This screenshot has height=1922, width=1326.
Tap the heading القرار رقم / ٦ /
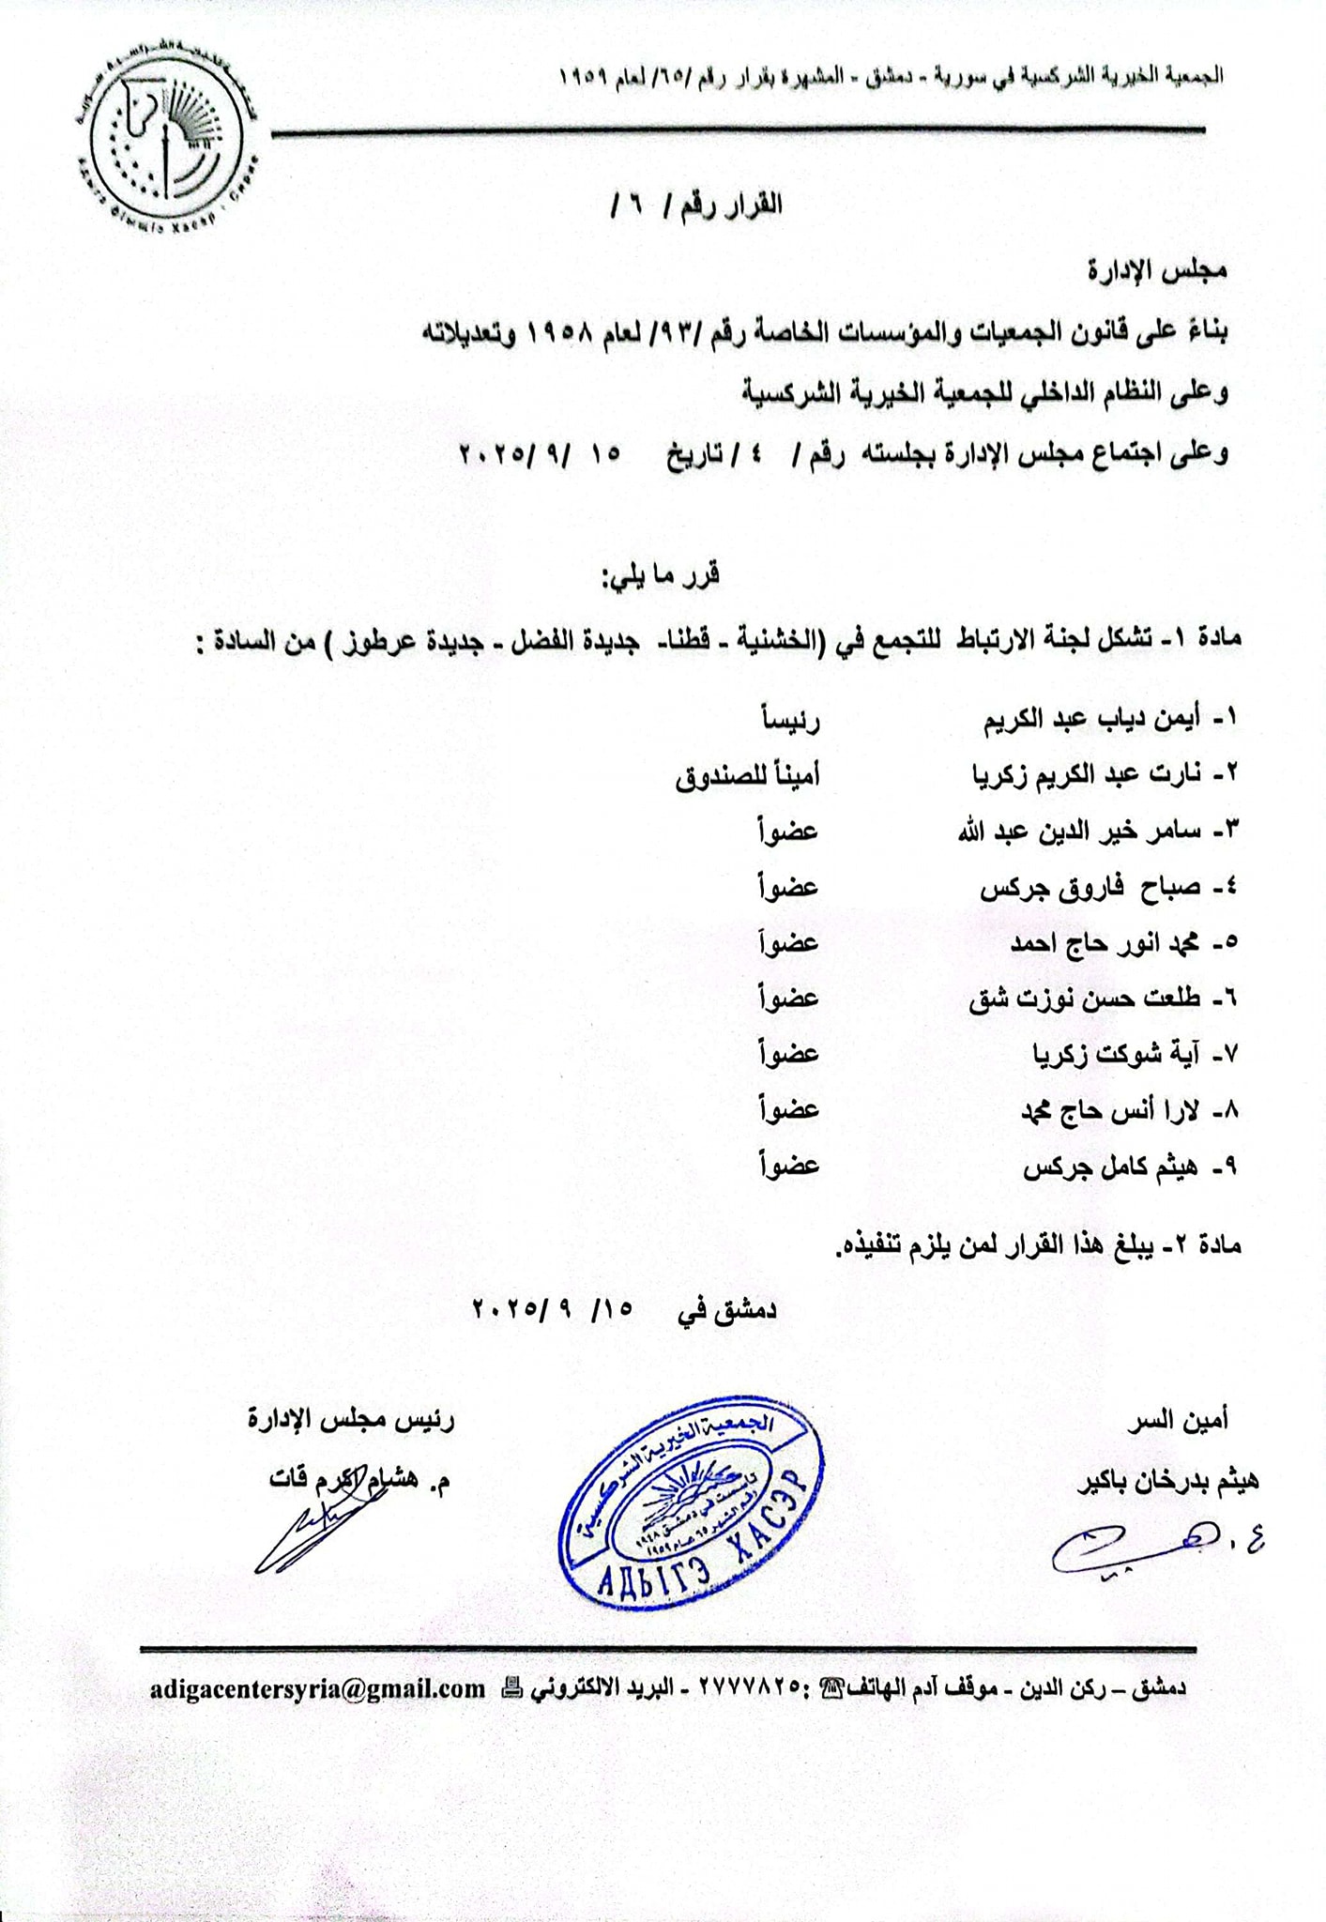pos(694,205)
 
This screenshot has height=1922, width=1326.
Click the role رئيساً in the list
pos(789,719)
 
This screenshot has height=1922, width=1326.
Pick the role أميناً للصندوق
pos(748,775)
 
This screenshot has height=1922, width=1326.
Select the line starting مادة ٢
pos(1037,1247)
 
